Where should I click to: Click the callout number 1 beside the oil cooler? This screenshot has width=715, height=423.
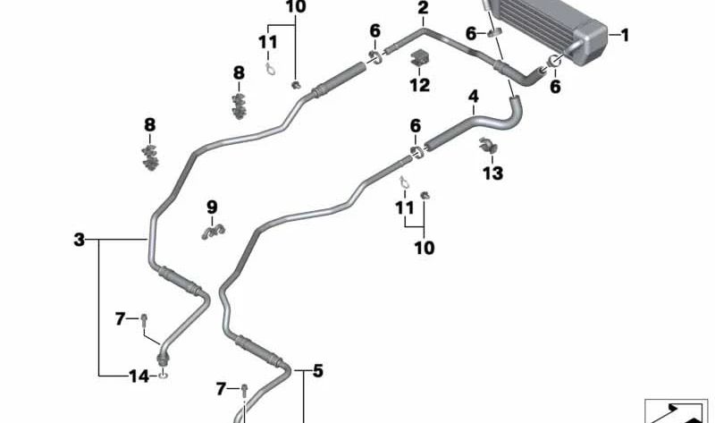point(625,35)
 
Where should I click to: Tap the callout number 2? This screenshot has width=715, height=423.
point(423,8)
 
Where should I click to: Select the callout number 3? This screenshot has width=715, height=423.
point(80,240)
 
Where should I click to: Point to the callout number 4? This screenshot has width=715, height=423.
point(474,97)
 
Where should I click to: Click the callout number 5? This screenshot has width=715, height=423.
point(318,371)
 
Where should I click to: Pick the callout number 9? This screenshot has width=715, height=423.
point(212,207)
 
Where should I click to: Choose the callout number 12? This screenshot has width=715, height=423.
point(419,85)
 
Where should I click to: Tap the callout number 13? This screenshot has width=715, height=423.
point(493,173)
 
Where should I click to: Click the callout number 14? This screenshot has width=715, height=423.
point(139,376)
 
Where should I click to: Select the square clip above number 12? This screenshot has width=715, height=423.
point(420,58)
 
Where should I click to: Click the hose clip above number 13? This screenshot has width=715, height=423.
point(488,146)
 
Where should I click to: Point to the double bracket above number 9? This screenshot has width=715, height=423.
point(213,233)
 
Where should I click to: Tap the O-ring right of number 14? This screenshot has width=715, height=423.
point(164,376)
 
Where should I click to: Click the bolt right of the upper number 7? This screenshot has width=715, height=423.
point(144,319)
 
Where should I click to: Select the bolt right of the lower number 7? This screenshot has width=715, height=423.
point(244,390)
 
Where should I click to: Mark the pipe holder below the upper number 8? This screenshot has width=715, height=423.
point(239,106)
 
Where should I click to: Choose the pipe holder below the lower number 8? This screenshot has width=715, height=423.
point(149,157)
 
